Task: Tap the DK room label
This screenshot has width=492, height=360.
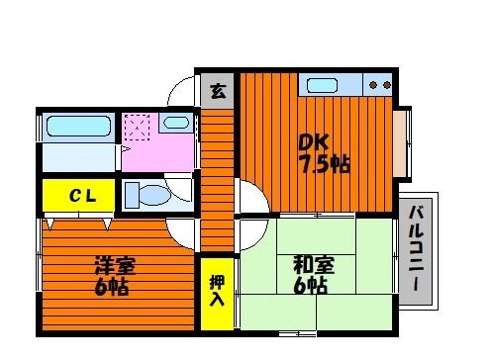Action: (313, 142)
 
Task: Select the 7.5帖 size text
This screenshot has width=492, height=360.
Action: (324, 164)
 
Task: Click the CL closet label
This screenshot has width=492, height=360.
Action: (82, 196)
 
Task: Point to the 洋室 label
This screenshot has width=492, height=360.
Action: (115, 265)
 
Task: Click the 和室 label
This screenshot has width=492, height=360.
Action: (314, 265)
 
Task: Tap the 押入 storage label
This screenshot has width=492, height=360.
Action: (217, 291)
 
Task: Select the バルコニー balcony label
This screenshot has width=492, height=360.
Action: (416, 248)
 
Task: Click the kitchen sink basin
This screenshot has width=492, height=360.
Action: (322, 85)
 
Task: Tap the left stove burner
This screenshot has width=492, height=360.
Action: (373, 85)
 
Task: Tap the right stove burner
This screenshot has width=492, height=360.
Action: (387, 85)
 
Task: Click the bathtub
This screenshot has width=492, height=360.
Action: (78, 126)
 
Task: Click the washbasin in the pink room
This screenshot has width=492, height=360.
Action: (176, 123)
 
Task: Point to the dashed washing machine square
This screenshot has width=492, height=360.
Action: (137, 127)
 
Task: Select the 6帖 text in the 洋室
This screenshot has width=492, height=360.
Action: (111, 287)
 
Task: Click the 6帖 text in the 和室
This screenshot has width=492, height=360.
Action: (310, 286)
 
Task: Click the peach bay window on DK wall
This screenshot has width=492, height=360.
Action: (399, 143)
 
